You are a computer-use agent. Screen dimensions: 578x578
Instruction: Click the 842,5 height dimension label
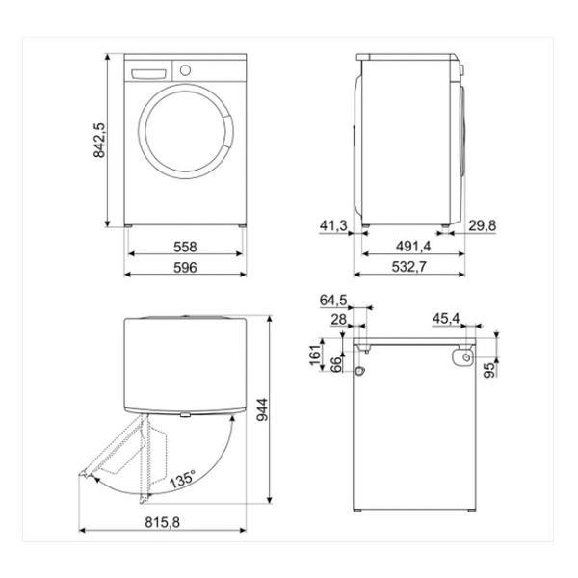[x=99, y=141]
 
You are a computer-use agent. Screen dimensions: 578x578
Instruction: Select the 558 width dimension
[x=185, y=247]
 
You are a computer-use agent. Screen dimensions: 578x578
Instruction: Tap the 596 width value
[x=185, y=267]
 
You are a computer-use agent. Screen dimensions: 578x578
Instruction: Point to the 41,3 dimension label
[x=333, y=225]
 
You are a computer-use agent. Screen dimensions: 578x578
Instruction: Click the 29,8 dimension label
[x=483, y=225]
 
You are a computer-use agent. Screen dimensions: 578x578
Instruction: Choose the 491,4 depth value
[x=413, y=246]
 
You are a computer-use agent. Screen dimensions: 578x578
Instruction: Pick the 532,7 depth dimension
[x=408, y=266]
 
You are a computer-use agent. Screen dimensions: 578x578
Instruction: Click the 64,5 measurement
[x=333, y=300]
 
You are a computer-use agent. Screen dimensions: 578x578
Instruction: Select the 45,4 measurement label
[x=446, y=319]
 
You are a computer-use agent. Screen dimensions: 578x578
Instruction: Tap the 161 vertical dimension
[x=315, y=355]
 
